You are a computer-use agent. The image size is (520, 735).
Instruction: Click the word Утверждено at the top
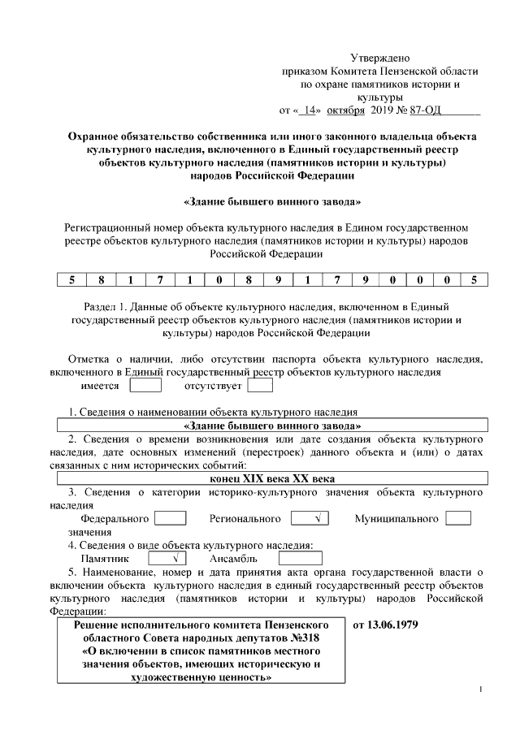pyautogui.click(x=379, y=58)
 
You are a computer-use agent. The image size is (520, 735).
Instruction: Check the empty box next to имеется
pyautogui.click(x=146, y=387)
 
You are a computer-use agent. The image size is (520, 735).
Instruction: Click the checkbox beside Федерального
pyautogui.click(x=171, y=518)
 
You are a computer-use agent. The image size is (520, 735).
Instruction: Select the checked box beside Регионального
pyautogui.click(x=310, y=518)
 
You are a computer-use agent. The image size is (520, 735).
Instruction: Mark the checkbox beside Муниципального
pyautogui.click(x=458, y=518)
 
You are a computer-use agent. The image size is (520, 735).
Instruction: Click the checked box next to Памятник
pyautogui.click(x=168, y=559)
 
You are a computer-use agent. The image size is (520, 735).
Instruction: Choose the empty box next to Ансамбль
pyautogui.click(x=300, y=559)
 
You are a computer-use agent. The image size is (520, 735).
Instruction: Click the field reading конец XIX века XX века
pyautogui.click(x=272, y=479)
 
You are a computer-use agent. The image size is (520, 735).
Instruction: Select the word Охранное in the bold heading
pyautogui.click(x=97, y=137)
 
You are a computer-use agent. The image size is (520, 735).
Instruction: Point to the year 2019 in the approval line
pyautogui.click(x=381, y=108)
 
